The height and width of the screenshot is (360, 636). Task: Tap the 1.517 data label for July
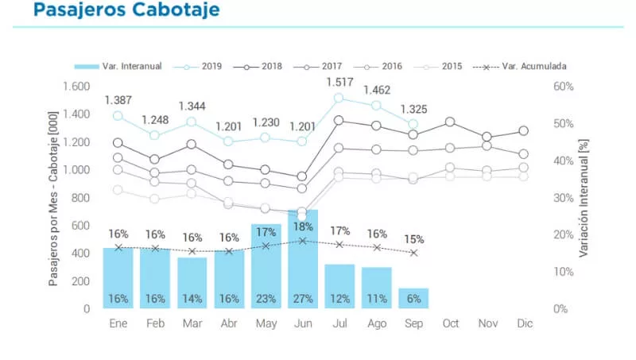click(339, 83)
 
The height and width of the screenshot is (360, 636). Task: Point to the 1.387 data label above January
click(118, 100)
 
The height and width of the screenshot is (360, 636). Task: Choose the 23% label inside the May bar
click(266, 300)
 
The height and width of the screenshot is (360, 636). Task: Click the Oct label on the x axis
click(450, 324)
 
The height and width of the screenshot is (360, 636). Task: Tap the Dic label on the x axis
click(523, 324)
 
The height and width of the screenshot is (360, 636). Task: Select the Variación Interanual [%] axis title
click(584, 197)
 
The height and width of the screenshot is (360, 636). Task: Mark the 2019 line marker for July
click(339, 98)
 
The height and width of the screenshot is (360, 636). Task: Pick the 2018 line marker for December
click(523, 130)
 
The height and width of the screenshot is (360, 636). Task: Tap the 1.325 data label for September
click(413, 109)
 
